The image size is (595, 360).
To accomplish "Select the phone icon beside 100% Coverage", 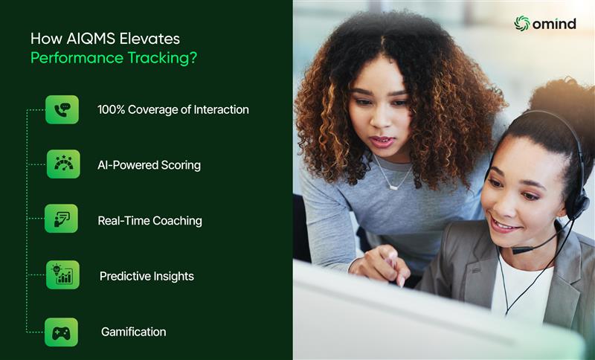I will tap(62, 109).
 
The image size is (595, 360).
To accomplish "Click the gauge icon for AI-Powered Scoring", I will tap(63, 164).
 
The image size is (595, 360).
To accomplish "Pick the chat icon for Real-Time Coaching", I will tap(62, 219).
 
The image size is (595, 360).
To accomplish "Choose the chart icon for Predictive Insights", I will tap(62, 275).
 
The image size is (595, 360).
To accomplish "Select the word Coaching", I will tap(177, 221).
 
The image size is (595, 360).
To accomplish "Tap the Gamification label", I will tap(133, 332).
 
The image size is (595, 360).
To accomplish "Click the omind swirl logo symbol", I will tap(522, 24).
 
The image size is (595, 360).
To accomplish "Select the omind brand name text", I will tap(554, 24).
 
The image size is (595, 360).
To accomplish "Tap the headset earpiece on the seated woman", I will tap(576, 205).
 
